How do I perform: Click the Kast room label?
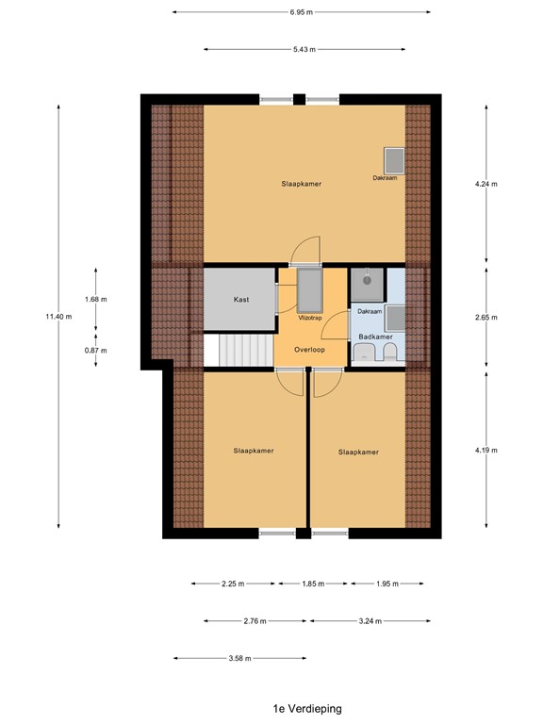(x=241, y=300)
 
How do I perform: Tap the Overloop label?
(x=310, y=349)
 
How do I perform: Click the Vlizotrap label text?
(x=310, y=319)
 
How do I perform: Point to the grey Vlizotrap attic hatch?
(x=309, y=290)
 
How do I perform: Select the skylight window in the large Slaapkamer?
(x=391, y=158)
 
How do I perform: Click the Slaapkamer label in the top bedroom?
(x=301, y=184)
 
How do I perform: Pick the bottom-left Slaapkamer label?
(x=254, y=452)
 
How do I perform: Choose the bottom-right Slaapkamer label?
(x=358, y=452)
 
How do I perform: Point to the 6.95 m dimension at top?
(x=301, y=12)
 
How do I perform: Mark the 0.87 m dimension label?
(x=96, y=350)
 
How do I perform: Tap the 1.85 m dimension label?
(x=313, y=584)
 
